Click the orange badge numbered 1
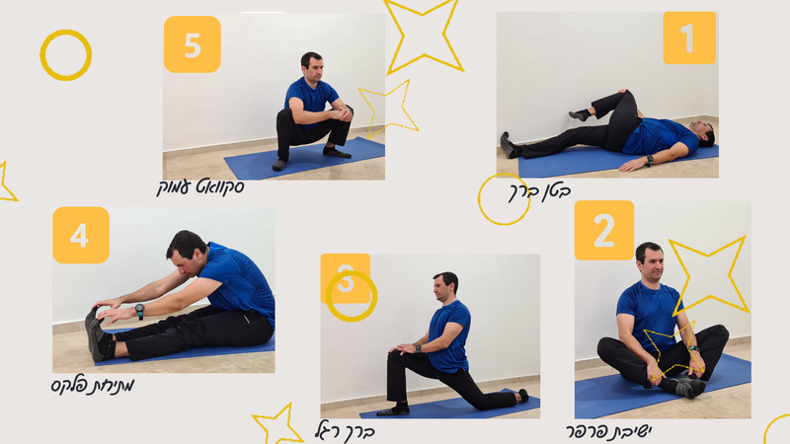pyautogui.click(x=689, y=37)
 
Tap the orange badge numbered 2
pyautogui.click(x=604, y=230)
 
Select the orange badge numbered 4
pyautogui.click(x=81, y=235)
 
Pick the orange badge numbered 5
pyautogui.click(x=192, y=44)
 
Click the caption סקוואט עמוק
pyautogui.click(x=200, y=187)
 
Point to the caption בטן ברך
pyautogui.click(x=539, y=191)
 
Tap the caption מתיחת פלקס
pyautogui.click(x=93, y=386)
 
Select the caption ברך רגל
pyautogui.click(x=345, y=432)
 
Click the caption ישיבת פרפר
pyautogui.click(x=608, y=431)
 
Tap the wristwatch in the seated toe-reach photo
pyautogui.click(x=139, y=311)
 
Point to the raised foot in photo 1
pyautogui.click(x=579, y=114)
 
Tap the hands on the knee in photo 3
pyautogui.click(x=402, y=348)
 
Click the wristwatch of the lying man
pyautogui.click(x=650, y=161)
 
